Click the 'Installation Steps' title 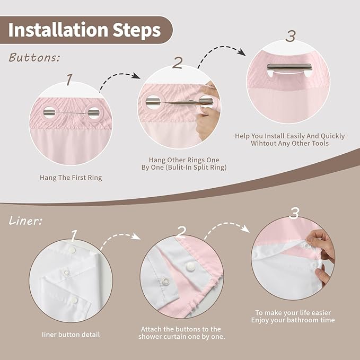coord(84,30)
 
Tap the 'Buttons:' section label coord(34,57)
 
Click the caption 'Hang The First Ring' coord(71,178)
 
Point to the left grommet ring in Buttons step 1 coord(48,112)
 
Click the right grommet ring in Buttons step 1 coord(93,112)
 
